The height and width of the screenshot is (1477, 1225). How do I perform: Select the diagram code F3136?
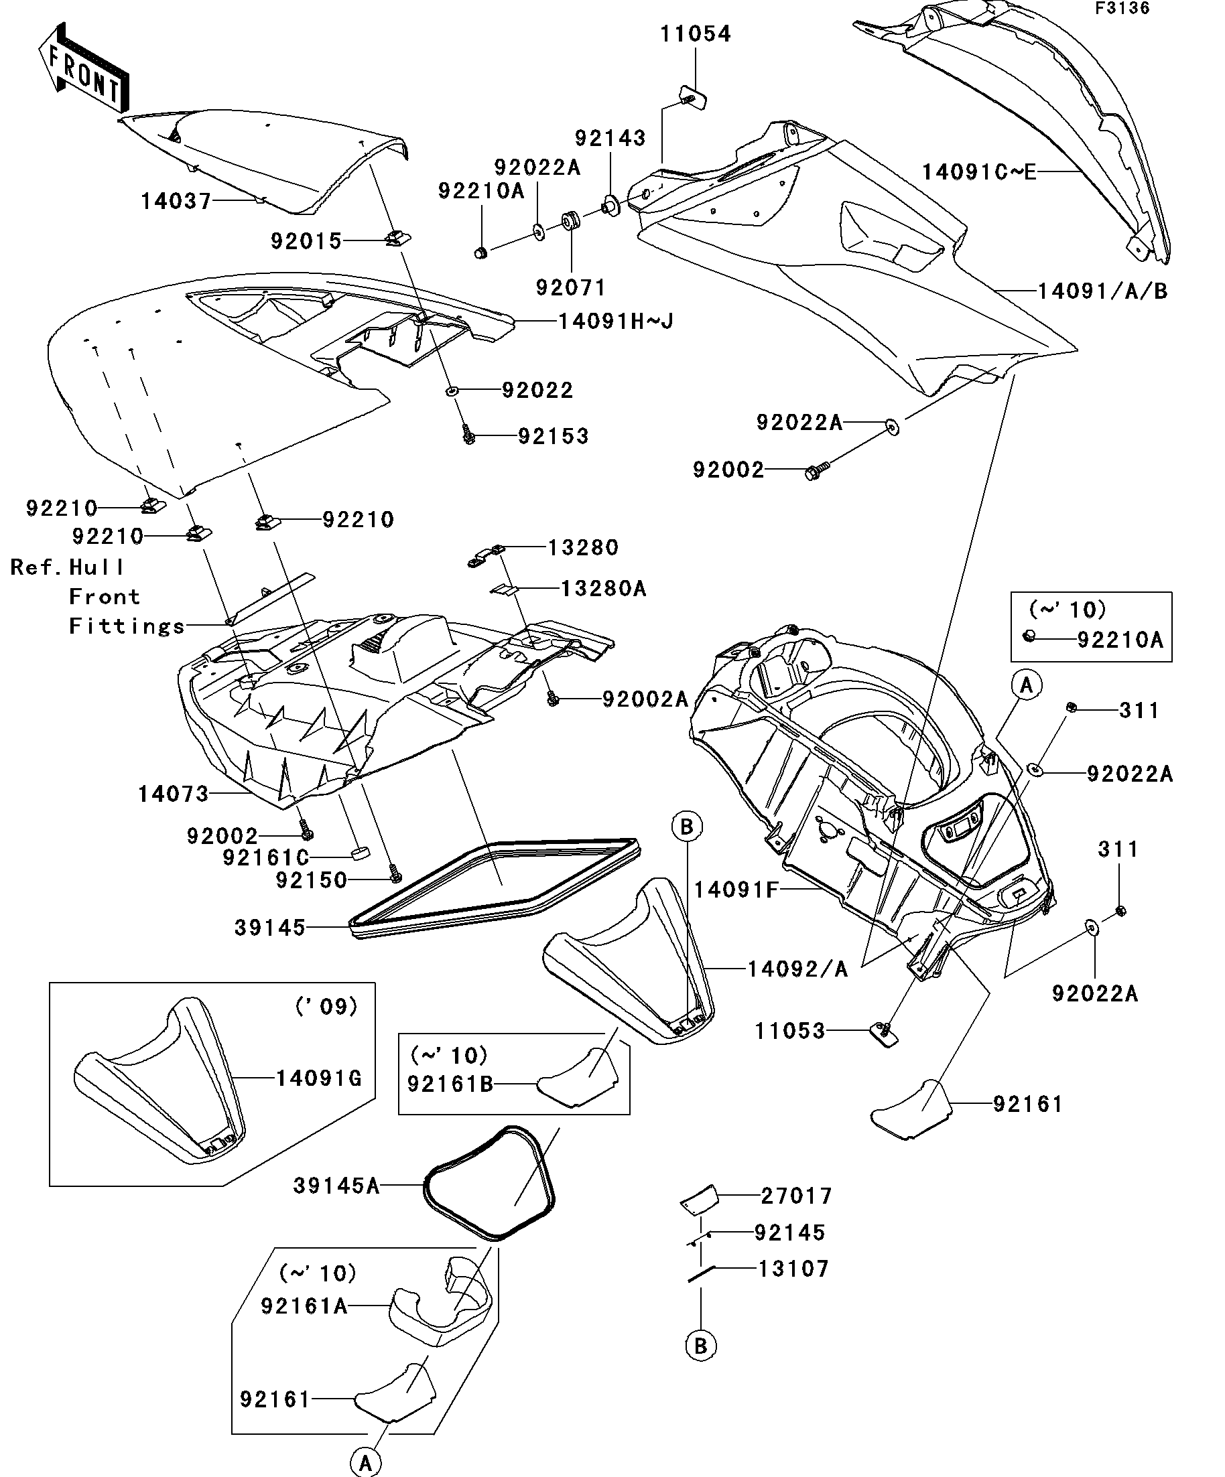tap(1122, 9)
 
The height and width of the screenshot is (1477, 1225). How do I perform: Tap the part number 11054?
tap(695, 33)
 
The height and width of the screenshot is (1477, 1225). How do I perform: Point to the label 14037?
tap(176, 202)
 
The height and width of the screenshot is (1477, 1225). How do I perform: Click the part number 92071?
tap(571, 287)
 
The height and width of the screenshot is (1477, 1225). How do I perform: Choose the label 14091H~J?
tap(616, 322)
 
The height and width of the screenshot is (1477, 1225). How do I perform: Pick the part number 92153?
tap(553, 436)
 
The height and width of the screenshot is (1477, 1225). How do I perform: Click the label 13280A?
tap(603, 588)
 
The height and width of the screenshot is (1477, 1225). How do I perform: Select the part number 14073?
tap(173, 794)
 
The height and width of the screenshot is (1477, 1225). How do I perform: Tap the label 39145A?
tap(336, 1186)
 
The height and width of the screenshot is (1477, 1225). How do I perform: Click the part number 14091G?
tap(318, 1078)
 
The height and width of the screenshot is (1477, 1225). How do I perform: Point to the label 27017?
tap(797, 1196)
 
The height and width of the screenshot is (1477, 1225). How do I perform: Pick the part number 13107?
tap(793, 1269)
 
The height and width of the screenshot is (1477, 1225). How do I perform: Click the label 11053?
tap(789, 1031)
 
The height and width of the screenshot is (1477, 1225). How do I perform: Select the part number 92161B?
tap(450, 1084)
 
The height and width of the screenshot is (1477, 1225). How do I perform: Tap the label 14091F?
tap(736, 890)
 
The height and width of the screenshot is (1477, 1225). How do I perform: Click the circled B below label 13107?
tap(701, 1346)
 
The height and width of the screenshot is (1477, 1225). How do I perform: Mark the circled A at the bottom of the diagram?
tap(366, 1461)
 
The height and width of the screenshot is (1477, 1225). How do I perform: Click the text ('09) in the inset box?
tap(326, 1007)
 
